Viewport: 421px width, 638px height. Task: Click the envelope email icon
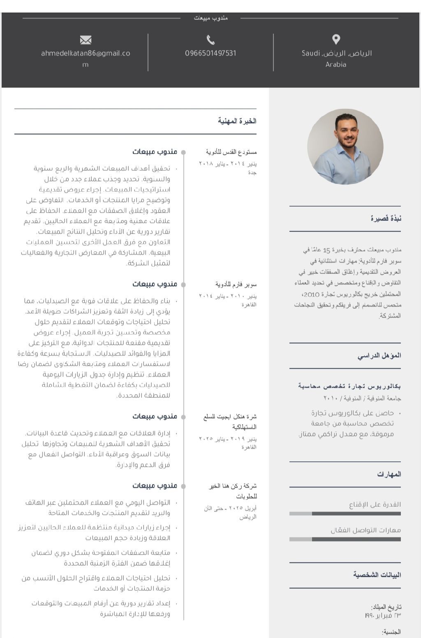click(86, 40)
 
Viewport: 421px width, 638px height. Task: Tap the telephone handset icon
click(210, 40)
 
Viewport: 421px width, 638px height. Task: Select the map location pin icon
click(336, 39)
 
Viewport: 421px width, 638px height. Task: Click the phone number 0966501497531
click(210, 53)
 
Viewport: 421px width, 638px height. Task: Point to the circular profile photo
click(345, 147)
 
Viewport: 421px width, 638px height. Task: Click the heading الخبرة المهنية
click(237, 121)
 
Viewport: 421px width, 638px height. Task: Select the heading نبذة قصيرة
click(386, 218)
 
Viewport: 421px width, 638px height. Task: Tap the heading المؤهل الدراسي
click(379, 356)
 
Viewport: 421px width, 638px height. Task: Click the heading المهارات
click(389, 474)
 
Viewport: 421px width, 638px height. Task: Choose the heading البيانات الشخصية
click(377, 575)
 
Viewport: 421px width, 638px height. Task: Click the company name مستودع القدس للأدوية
click(231, 152)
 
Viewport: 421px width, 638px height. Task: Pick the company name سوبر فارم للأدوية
click(236, 284)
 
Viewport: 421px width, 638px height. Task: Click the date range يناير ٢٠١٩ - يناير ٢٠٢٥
click(228, 438)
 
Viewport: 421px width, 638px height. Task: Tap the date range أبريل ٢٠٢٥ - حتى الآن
click(230, 508)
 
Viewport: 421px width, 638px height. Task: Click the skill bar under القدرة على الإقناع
click(345, 513)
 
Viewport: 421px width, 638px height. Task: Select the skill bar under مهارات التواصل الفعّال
click(345, 539)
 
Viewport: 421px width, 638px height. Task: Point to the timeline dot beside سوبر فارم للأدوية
click(183, 285)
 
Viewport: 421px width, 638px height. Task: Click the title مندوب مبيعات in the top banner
click(210, 18)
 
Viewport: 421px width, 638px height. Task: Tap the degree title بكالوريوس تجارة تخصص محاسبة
click(349, 386)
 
